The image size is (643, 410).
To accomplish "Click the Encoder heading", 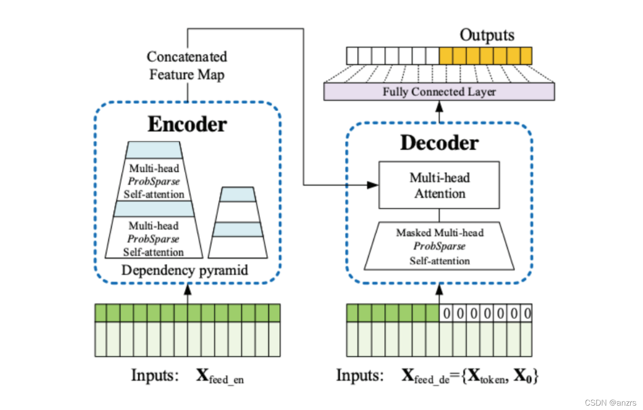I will (187, 124).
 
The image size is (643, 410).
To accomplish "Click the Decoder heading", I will (439, 143).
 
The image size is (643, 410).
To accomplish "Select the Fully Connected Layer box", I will (439, 92).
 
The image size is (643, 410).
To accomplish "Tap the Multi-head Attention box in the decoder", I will (439, 185).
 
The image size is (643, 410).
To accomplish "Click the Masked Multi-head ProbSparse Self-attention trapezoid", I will (439, 247).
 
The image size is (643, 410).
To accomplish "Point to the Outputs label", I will (487, 35).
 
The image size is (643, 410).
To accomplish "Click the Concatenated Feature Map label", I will (187, 66).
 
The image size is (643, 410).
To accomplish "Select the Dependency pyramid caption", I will (184, 270).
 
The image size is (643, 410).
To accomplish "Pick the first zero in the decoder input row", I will (446, 313).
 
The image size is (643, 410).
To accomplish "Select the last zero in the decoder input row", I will (527, 313).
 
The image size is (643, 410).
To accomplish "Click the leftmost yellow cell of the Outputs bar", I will (446, 56).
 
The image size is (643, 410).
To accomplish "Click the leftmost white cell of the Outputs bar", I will (352, 56).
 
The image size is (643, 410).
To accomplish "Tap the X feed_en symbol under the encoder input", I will (219, 376).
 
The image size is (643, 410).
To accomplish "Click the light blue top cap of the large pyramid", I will (154, 150).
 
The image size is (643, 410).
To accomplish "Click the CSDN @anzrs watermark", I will (610, 403).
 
